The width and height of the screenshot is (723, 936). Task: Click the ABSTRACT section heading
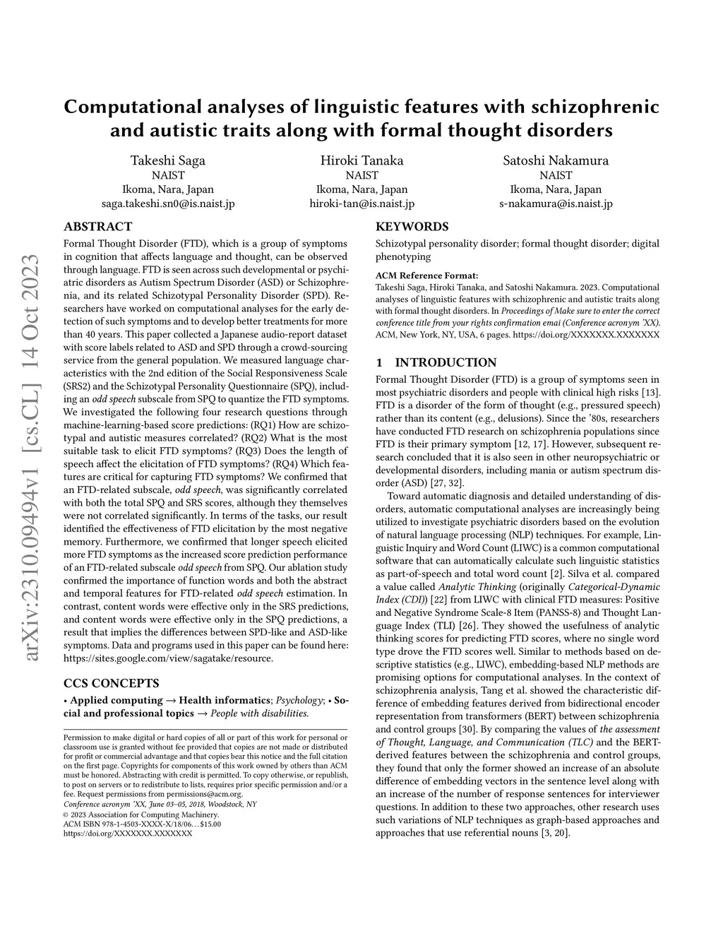tap(97, 227)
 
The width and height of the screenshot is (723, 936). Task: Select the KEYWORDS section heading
tap(412, 227)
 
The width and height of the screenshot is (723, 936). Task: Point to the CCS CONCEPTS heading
tap(112, 683)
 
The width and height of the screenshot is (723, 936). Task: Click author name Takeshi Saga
tap(168, 160)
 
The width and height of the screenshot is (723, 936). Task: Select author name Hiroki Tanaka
tap(361, 160)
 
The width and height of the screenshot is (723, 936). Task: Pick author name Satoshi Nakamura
tap(556, 160)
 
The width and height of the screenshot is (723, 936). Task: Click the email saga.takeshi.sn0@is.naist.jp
tap(168, 203)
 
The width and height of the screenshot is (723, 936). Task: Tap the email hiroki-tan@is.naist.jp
tap(361, 203)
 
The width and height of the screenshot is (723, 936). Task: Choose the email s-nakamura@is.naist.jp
tap(556, 203)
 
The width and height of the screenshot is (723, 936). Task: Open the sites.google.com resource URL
tap(168, 658)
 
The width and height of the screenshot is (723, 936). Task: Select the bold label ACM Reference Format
tap(426, 276)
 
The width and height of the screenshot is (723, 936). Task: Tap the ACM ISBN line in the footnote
tap(142, 824)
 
